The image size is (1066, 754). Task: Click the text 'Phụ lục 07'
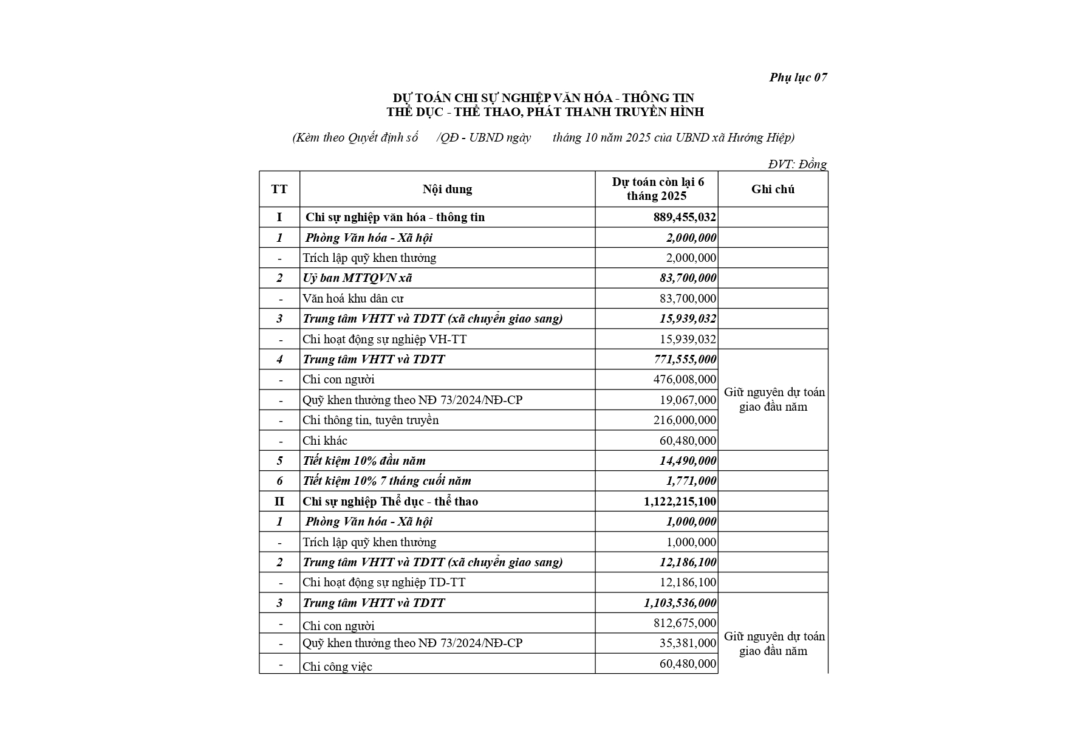tap(798, 77)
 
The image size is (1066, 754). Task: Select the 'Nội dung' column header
tap(447, 189)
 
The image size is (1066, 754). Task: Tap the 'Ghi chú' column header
tap(773, 189)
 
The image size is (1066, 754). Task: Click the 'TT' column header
tap(279, 189)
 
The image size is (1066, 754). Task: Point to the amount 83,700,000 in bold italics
tap(688, 278)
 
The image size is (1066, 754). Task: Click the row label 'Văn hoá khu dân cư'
tap(353, 298)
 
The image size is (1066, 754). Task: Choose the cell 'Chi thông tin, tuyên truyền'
tap(371, 420)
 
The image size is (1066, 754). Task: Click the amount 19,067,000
tap(688, 400)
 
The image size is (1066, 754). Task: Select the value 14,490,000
tap(688, 461)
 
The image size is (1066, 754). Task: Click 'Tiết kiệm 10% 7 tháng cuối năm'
tap(387, 481)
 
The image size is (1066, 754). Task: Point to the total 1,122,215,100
tap(680, 501)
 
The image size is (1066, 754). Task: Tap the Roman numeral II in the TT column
tap(279, 501)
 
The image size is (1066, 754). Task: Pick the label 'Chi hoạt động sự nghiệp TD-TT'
tap(384, 583)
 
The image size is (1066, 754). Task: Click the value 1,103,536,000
tap(680, 603)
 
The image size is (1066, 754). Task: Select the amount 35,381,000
tap(688, 643)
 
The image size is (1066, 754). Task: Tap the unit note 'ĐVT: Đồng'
tap(797, 164)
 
